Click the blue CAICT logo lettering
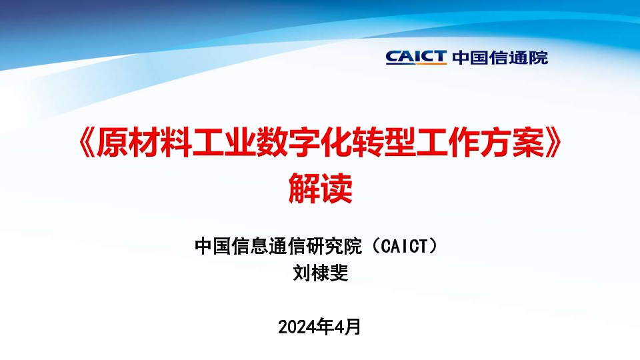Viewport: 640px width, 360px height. point(416,56)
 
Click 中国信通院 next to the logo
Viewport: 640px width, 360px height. point(500,57)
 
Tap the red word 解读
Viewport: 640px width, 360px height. point(321,188)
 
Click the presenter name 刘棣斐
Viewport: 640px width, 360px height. point(321,273)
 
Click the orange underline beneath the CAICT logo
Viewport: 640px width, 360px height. point(416,63)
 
